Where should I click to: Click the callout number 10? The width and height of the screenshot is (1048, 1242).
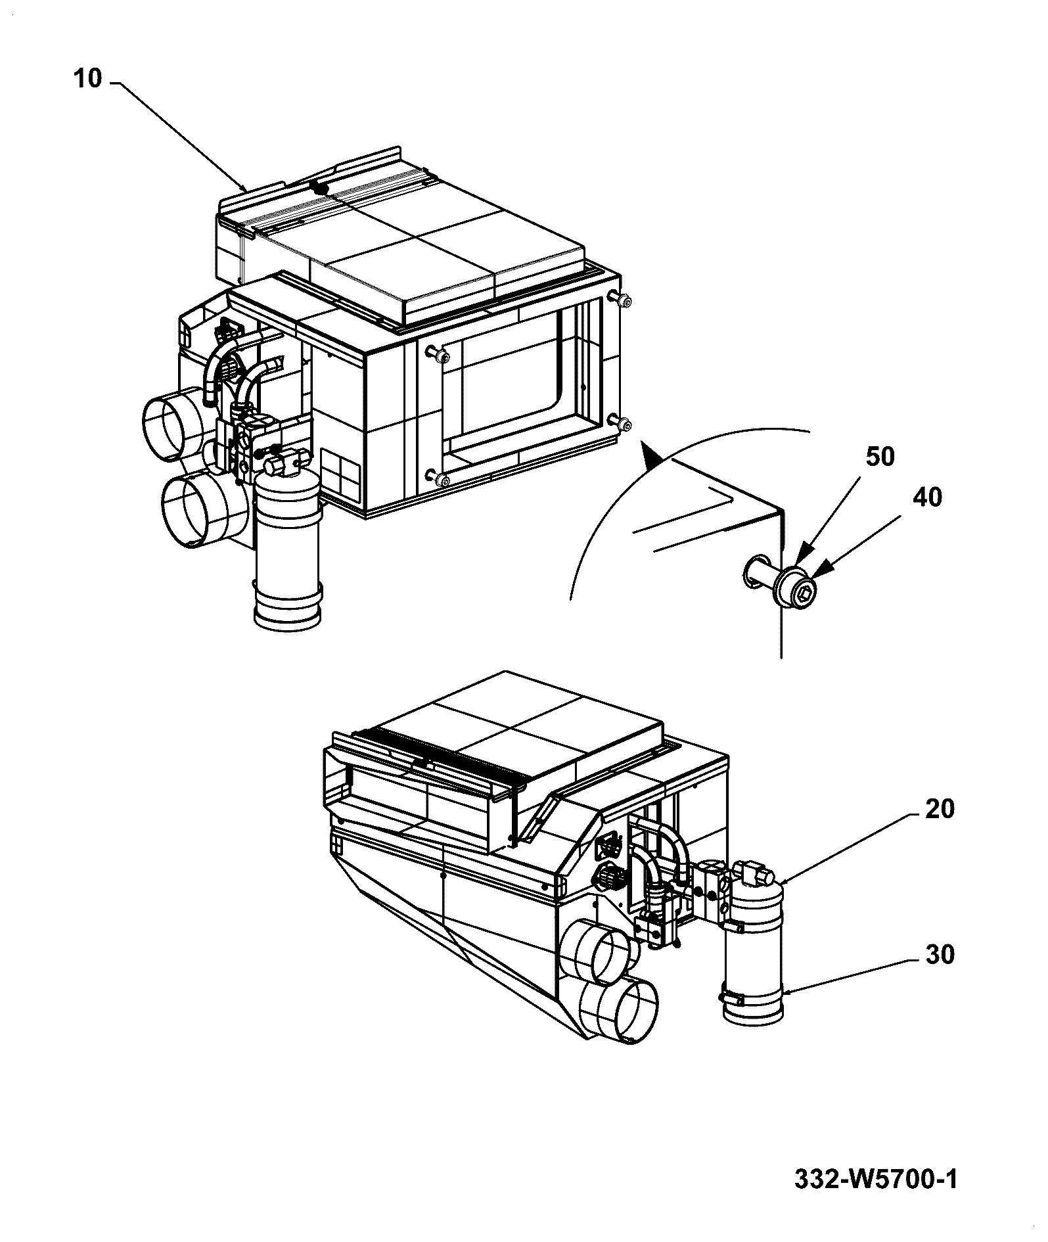coord(88,80)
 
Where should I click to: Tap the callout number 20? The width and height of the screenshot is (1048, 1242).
coord(939,809)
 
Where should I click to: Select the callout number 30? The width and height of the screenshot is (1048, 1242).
coord(939,954)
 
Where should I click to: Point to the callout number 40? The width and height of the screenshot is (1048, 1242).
coord(927,497)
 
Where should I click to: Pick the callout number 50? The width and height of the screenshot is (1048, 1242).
coord(880,456)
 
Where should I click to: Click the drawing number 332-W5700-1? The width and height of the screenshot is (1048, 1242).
coord(876,1180)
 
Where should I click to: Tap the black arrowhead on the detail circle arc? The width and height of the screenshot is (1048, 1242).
coord(650,455)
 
